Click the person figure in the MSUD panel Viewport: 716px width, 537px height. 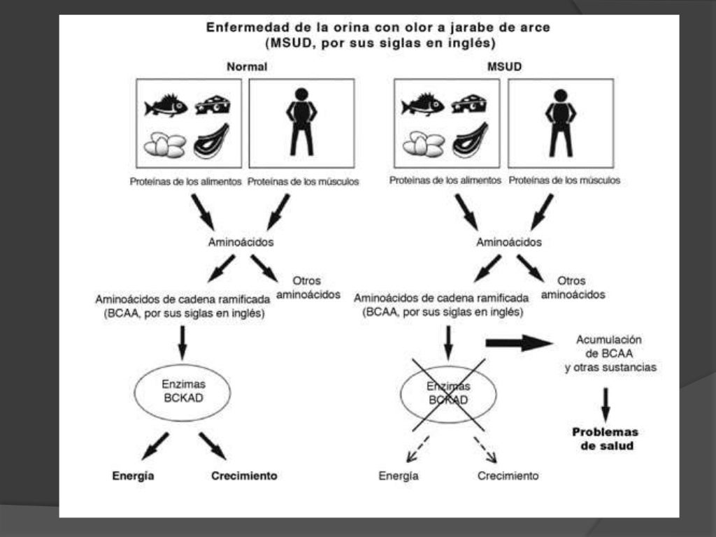(x=559, y=122)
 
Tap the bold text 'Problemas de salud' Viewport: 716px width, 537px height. (x=606, y=438)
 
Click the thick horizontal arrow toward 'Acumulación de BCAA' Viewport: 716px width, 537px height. (x=518, y=343)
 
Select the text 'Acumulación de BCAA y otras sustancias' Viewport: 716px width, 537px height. (x=610, y=353)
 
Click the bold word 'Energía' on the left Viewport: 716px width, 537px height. (x=133, y=476)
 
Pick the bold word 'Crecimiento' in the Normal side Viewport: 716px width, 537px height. (x=244, y=476)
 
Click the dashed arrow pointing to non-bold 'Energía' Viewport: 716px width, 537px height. (x=418, y=450)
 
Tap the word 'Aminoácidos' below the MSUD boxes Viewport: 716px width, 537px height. (x=508, y=243)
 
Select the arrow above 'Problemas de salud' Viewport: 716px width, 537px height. (x=606, y=403)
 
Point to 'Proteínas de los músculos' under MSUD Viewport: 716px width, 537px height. (x=564, y=180)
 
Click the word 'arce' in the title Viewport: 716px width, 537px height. (x=535, y=27)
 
